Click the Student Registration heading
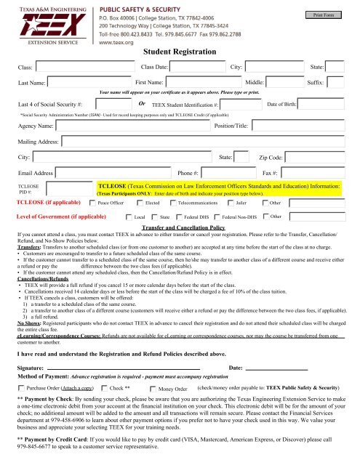tap(176, 52)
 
